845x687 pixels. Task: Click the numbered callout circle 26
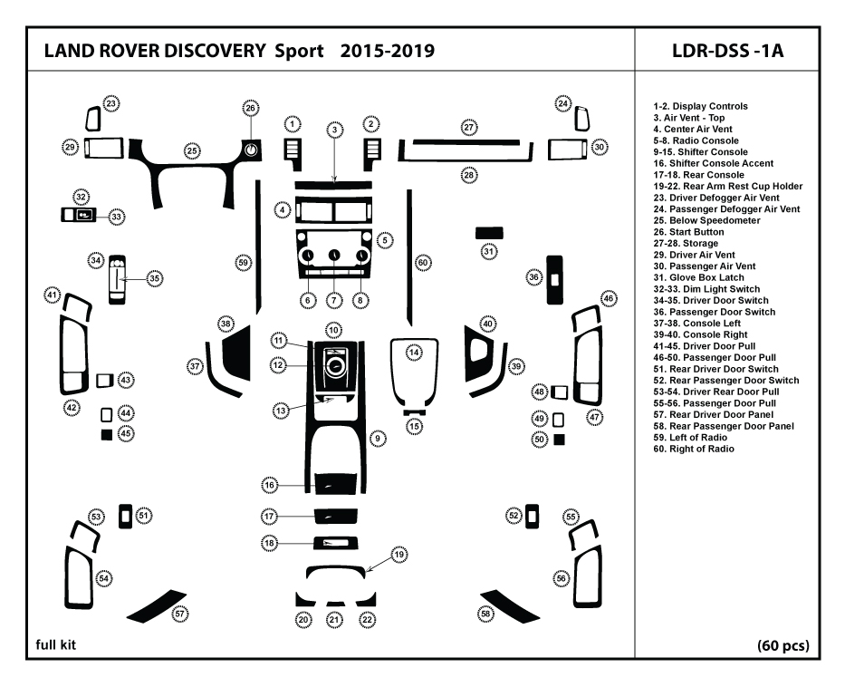click(250, 109)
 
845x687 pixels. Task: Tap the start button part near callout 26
click(251, 150)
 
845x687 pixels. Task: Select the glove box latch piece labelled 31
click(489, 233)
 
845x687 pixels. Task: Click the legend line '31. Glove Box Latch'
click(698, 277)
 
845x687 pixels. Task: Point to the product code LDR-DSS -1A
click(727, 51)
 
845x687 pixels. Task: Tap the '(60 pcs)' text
click(783, 645)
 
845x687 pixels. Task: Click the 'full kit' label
click(56, 644)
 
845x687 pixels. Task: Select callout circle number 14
click(414, 353)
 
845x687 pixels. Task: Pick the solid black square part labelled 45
click(107, 434)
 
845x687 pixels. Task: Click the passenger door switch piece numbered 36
click(554, 280)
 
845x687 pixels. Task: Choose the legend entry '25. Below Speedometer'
click(706, 220)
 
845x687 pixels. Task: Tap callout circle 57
click(179, 614)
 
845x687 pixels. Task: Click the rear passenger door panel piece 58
click(509, 608)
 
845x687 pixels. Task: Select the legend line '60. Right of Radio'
click(694, 450)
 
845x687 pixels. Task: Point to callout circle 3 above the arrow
click(335, 130)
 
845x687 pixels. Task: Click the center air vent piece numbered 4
click(333, 209)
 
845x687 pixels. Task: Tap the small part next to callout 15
click(414, 412)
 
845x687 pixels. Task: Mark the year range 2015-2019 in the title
click(388, 51)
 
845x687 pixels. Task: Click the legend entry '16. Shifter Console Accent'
click(713, 163)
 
